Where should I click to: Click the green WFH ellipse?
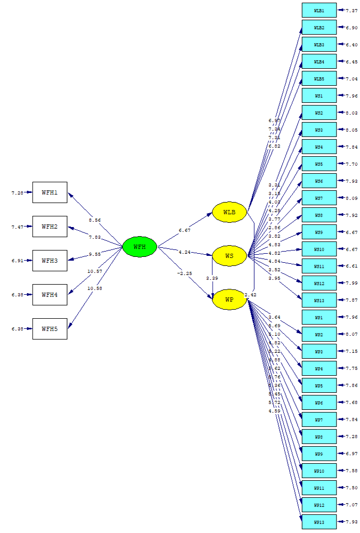[140, 247]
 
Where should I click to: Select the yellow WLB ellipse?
[230, 212]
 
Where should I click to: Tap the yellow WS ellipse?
[230, 256]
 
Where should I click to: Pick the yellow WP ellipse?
[230, 300]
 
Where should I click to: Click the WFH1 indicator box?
[50, 192]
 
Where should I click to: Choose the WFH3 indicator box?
[50, 260]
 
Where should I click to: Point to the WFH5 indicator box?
[50, 329]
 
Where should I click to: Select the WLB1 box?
[319, 11]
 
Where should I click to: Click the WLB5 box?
[319, 79]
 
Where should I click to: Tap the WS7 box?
[319, 198]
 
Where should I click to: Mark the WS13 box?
[319, 300]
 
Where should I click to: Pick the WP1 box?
[319, 318]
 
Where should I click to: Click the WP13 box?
[319, 522]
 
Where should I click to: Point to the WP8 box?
[319, 437]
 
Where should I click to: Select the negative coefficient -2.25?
[184, 273]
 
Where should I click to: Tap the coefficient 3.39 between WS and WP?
[211, 278]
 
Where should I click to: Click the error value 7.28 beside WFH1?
[17, 193]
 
